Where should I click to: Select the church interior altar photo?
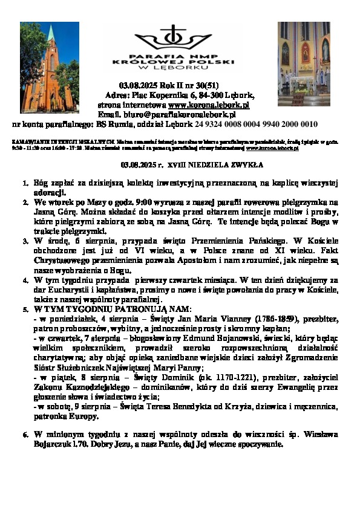[x=304, y=63]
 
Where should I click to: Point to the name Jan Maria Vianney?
[x=192, y=319]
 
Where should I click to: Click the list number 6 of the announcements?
[x=25, y=434]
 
